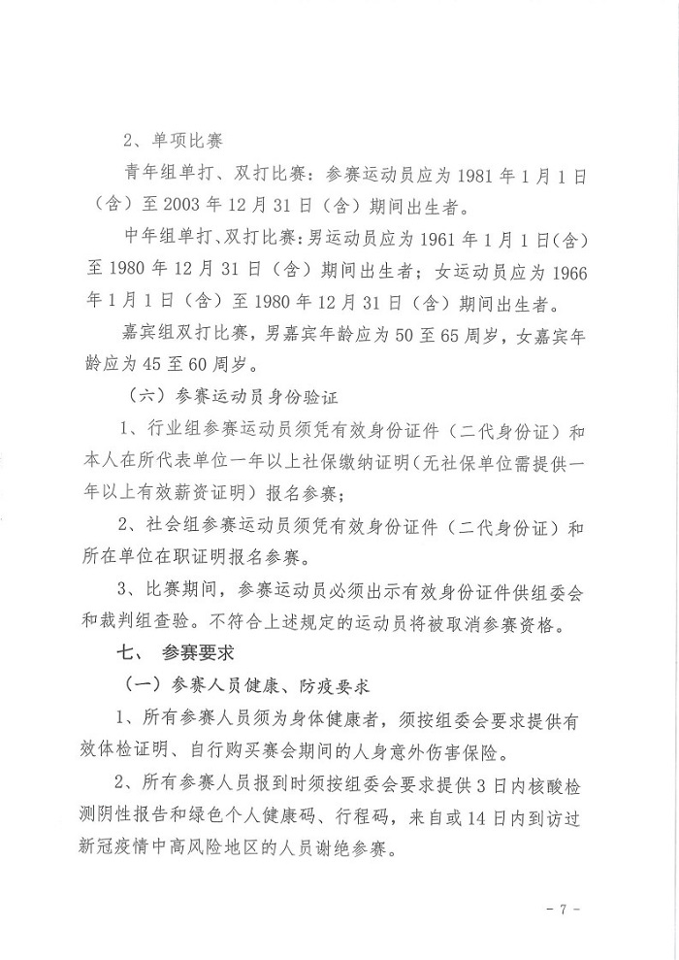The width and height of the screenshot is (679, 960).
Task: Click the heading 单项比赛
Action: click(187, 140)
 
